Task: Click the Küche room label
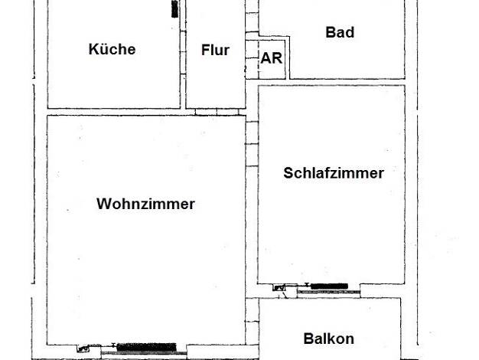coord(112,49)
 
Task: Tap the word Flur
coord(215,50)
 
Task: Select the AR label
coord(272,58)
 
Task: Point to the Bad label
coord(340,32)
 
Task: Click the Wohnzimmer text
coord(145,204)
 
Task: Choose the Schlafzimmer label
coord(334,173)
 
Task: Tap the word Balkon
coord(329,339)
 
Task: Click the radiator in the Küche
coord(174,9)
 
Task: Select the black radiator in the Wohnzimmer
coord(147,347)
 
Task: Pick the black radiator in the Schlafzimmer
coord(329,286)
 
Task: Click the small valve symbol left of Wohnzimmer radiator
coord(81,349)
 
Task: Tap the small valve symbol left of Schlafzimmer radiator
coord(279,288)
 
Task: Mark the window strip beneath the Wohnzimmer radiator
coord(144,354)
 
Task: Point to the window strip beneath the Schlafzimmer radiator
coord(329,292)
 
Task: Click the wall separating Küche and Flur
coord(183,54)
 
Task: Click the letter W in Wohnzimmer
coord(103,204)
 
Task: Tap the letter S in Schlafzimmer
coord(288,173)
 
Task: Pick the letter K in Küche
coord(93,49)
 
